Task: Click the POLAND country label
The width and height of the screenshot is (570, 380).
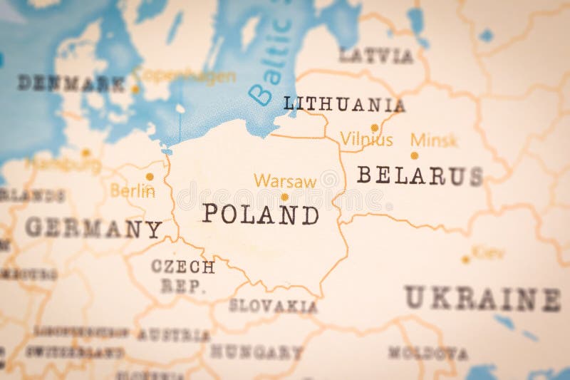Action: pyautogui.click(x=260, y=214)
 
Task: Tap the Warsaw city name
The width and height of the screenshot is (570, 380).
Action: pyautogui.click(x=285, y=181)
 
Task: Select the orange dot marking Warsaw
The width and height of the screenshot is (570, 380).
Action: pyautogui.click(x=284, y=197)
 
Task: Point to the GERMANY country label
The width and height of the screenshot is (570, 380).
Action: pyautogui.click(x=93, y=228)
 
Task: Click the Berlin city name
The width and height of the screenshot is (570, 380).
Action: pyautogui.click(x=133, y=190)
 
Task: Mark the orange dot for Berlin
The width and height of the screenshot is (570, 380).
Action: pyautogui.click(x=150, y=176)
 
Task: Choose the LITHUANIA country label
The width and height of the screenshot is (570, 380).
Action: pyautogui.click(x=344, y=105)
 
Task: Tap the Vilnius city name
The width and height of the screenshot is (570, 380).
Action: pyautogui.click(x=366, y=140)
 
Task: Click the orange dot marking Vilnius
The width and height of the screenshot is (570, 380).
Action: pyautogui.click(x=374, y=128)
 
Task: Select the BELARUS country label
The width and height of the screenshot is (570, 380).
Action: pyautogui.click(x=420, y=175)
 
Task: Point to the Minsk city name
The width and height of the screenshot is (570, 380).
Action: pyautogui.click(x=435, y=140)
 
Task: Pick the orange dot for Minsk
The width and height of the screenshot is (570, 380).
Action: pyautogui.click(x=414, y=155)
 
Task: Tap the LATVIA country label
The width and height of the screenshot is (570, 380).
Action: pyautogui.click(x=375, y=56)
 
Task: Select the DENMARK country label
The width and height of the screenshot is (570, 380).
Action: pyautogui.click(x=71, y=83)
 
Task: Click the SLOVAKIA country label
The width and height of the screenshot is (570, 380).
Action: pyautogui.click(x=273, y=306)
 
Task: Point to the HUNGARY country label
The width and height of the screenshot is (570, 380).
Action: pyautogui.click(x=256, y=351)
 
